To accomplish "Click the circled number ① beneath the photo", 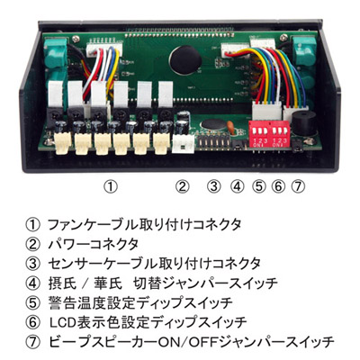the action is [x=111, y=186].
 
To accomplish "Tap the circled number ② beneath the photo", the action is [x=183, y=186].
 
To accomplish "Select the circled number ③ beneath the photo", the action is [x=213, y=186].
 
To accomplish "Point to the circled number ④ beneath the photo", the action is [x=237, y=186].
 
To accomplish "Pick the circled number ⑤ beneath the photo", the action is [x=259, y=186].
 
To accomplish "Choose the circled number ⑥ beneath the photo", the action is [x=278, y=186].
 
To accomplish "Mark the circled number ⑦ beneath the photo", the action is [x=298, y=186].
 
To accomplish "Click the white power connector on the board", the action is [x=184, y=143].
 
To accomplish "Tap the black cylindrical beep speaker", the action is [x=304, y=123].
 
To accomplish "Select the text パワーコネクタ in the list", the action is [x=94, y=244].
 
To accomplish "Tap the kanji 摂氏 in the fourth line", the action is [x=62, y=283].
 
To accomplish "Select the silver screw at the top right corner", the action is [x=283, y=37].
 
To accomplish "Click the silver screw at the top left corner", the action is [x=76, y=38].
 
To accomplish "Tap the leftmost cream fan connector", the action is [x=63, y=143].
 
